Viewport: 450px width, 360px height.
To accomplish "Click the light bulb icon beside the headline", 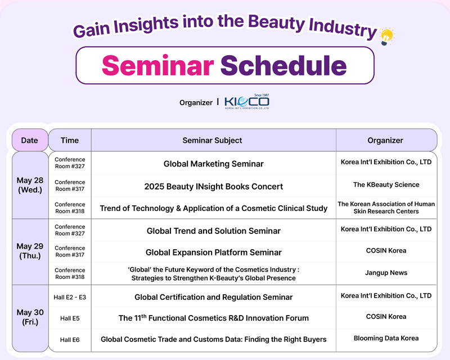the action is (x=387, y=37).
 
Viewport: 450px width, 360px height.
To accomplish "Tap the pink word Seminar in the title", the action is (x=158, y=65).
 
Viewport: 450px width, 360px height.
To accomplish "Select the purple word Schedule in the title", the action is (x=283, y=65).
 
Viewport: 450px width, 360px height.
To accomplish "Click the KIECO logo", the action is (x=247, y=102).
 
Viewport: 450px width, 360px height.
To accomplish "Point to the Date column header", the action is (x=30, y=140).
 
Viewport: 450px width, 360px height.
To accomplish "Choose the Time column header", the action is (x=70, y=140).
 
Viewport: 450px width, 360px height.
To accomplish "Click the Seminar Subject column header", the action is (x=213, y=140).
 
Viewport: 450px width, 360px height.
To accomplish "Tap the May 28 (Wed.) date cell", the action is (x=30, y=185).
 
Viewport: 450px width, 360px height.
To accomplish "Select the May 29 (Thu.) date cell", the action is (x=30, y=251).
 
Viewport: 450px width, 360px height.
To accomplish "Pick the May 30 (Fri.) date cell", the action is (x=30, y=317).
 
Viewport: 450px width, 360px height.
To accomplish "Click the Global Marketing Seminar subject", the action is (x=214, y=164).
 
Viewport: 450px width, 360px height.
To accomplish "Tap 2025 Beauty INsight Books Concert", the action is (x=214, y=186).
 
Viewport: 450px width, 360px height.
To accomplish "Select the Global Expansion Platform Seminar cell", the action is (x=214, y=253).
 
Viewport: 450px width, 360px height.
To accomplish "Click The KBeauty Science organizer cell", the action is (x=386, y=184).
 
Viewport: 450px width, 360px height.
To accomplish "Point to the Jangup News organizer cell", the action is (x=386, y=273).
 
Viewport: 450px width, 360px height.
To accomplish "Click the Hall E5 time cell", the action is (x=70, y=318).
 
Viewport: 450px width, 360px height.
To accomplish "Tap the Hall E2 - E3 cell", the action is (x=70, y=297).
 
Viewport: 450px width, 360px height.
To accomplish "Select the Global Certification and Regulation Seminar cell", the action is (x=214, y=297).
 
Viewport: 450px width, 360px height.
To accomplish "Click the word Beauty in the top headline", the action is (x=276, y=23).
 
